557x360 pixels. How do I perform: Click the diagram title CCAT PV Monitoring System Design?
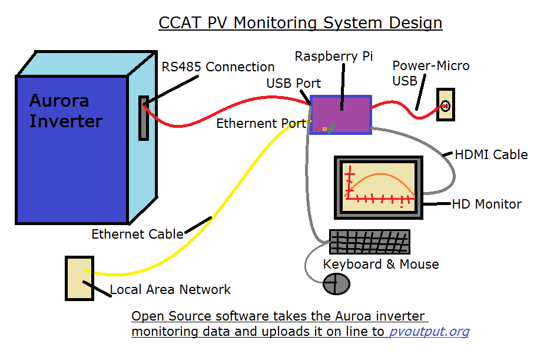pyautogui.click(x=300, y=23)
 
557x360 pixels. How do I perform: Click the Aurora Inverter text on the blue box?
pyautogui.click(x=66, y=111)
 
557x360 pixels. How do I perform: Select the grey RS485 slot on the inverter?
pyautogui.click(x=144, y=118)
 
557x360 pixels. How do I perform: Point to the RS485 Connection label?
pyautogui.click(x=218, y=67)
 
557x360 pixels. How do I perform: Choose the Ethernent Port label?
pyautogui.click(x=261, y=124)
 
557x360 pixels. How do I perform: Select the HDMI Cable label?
pyautogui.click(x=491, y=155)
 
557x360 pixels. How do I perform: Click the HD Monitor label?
pyautogui.click(x=486, y=204)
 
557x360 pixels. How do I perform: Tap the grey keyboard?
pyautogui.click(x=369, y=242)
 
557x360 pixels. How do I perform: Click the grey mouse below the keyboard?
pyautogui.click(x=337, y=284)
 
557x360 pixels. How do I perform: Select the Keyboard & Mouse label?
pyautogui.click(x=381, y=264)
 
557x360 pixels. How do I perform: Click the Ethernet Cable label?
pyautogui.click(x=137, y=235)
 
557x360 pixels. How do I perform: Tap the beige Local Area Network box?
pyautogui.click(x=79, y=278)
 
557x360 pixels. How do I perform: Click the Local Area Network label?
pyautogui.click(x=171, y=289)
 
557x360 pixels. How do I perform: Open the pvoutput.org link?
pyautogui.click(x=429, y=332)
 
